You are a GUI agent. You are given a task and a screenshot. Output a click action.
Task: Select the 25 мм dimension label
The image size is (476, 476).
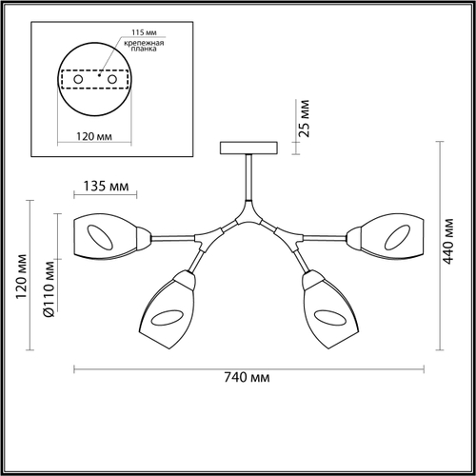pos(304,119)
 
